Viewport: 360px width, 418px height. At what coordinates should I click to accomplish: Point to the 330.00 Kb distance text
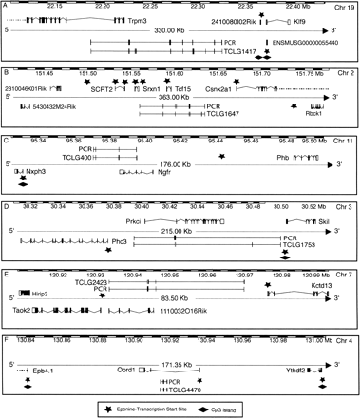pos(171,30)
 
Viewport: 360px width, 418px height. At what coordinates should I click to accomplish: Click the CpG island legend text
pos(252,409)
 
